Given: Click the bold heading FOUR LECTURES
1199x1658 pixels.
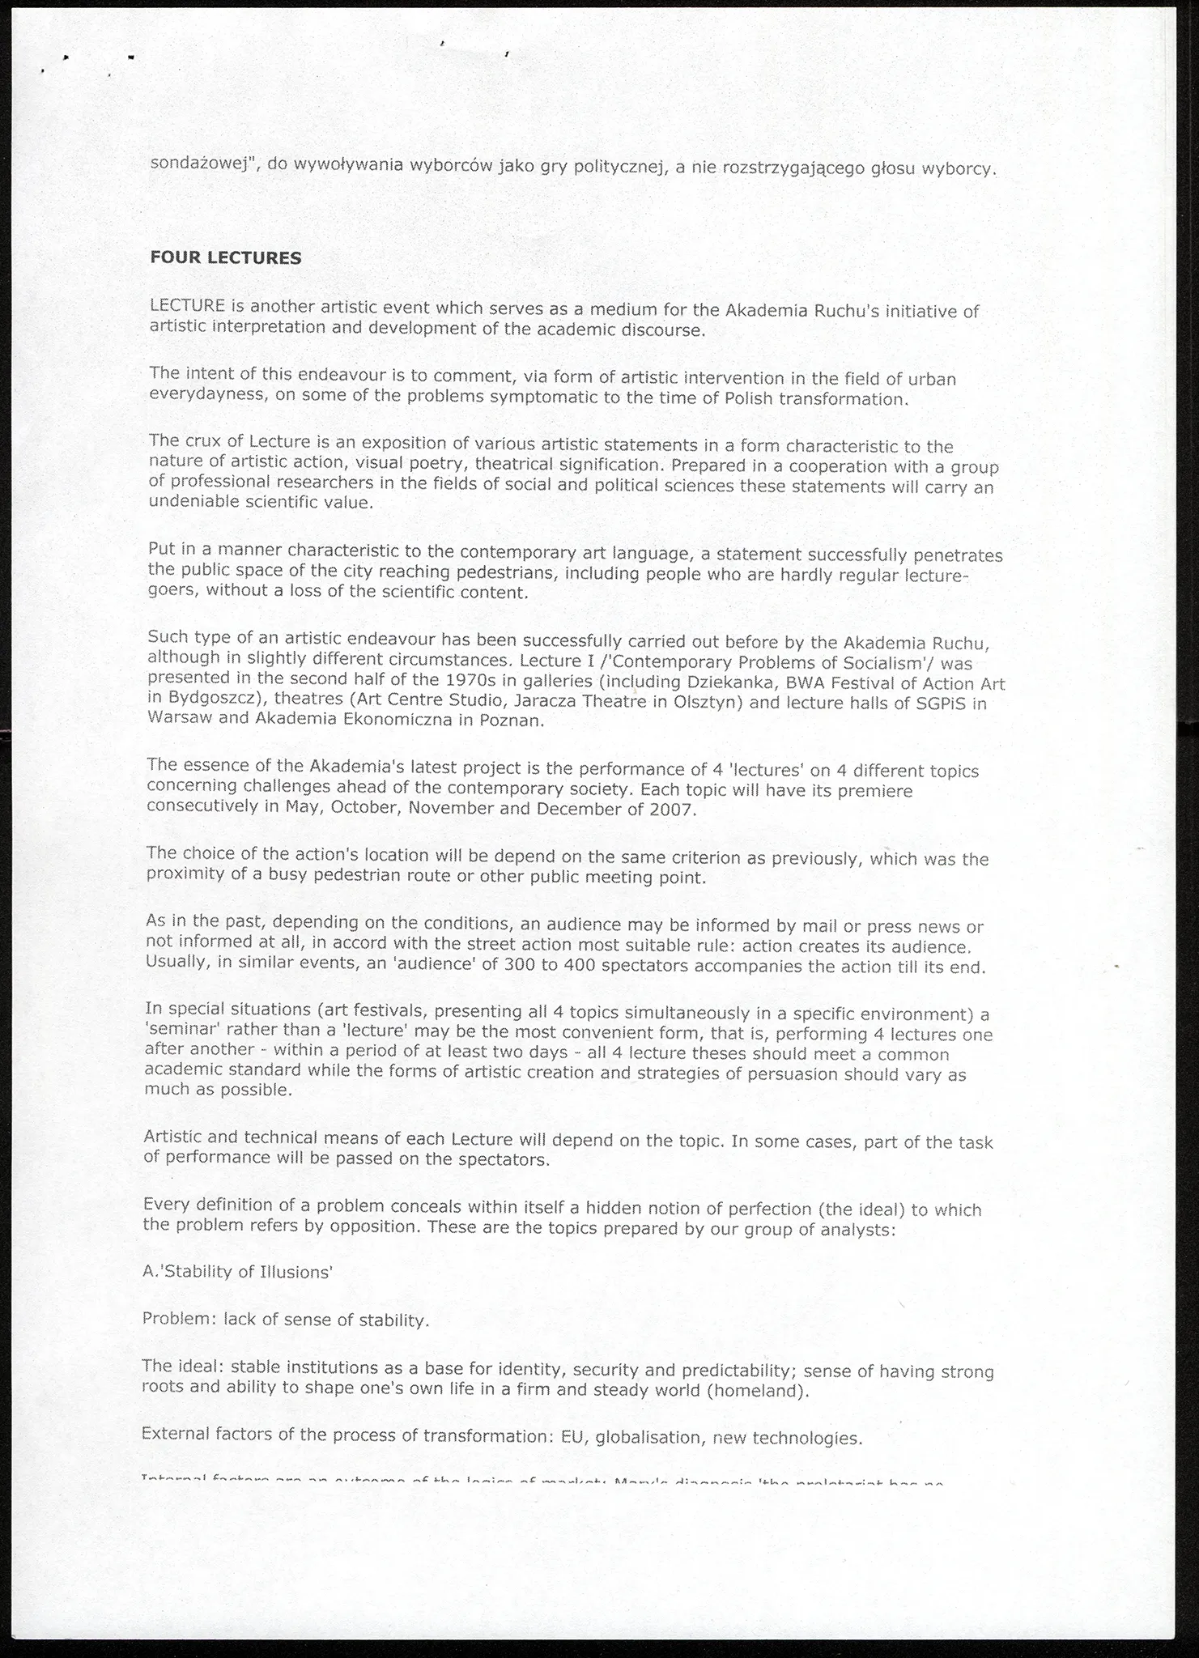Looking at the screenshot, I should tap(226, 258).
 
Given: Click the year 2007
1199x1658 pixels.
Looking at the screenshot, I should tap(671, 810).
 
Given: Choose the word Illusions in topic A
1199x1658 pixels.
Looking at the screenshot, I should tap(295, 1271).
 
